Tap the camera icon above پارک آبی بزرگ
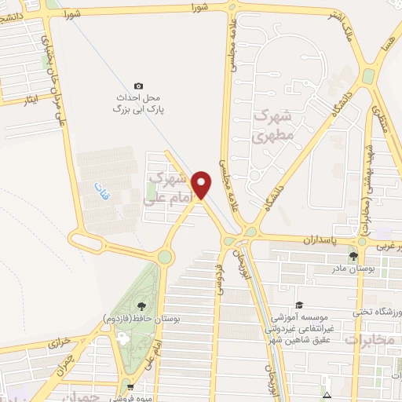(x=139, y=86)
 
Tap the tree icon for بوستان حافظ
(x=141, y=306)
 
